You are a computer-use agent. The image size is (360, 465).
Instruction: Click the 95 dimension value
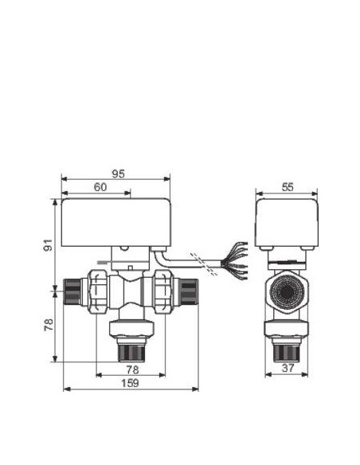(118, 173)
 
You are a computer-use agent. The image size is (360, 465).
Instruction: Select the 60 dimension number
(100, 186)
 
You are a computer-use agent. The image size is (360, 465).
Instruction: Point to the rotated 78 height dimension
(47, 326)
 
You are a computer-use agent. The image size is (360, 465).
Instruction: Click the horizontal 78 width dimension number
(131, 369)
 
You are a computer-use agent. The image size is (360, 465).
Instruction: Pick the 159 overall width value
(130, 384)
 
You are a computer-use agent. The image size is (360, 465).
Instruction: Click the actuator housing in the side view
(286, 222)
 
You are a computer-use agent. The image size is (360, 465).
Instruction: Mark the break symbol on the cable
(208, 266)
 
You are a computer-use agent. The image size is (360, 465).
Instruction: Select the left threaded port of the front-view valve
(72, 292)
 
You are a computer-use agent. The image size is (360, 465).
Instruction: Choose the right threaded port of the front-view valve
(188, 292)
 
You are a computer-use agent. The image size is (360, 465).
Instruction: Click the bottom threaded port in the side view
(286, 348)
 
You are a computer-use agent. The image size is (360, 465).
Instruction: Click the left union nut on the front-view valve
(101, 292)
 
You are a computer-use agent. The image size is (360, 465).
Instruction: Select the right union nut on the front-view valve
(162, 292)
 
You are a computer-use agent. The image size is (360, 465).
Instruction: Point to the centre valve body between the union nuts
(131, 292)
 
